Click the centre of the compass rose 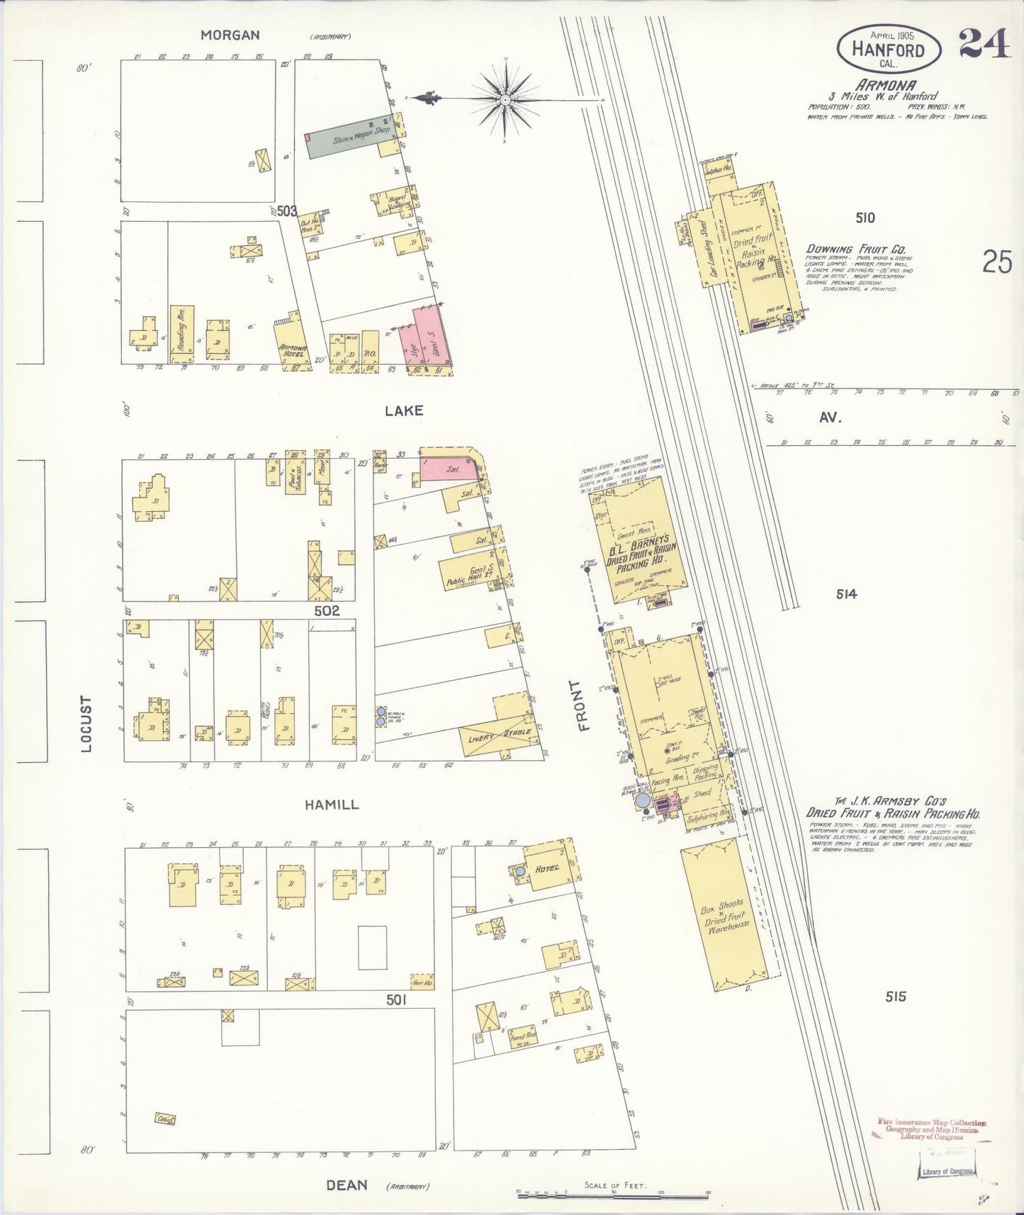[x=505, y=100]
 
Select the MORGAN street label [x=230, y=35]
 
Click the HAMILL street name [x=332, y=805]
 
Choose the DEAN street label [x=347, y=1185]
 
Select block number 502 [x=327, y=610]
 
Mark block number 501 [x=396, y=1000]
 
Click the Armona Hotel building [x=292, y=345]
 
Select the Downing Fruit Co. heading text [x=856, y=250]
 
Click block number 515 [x=895, y=997]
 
